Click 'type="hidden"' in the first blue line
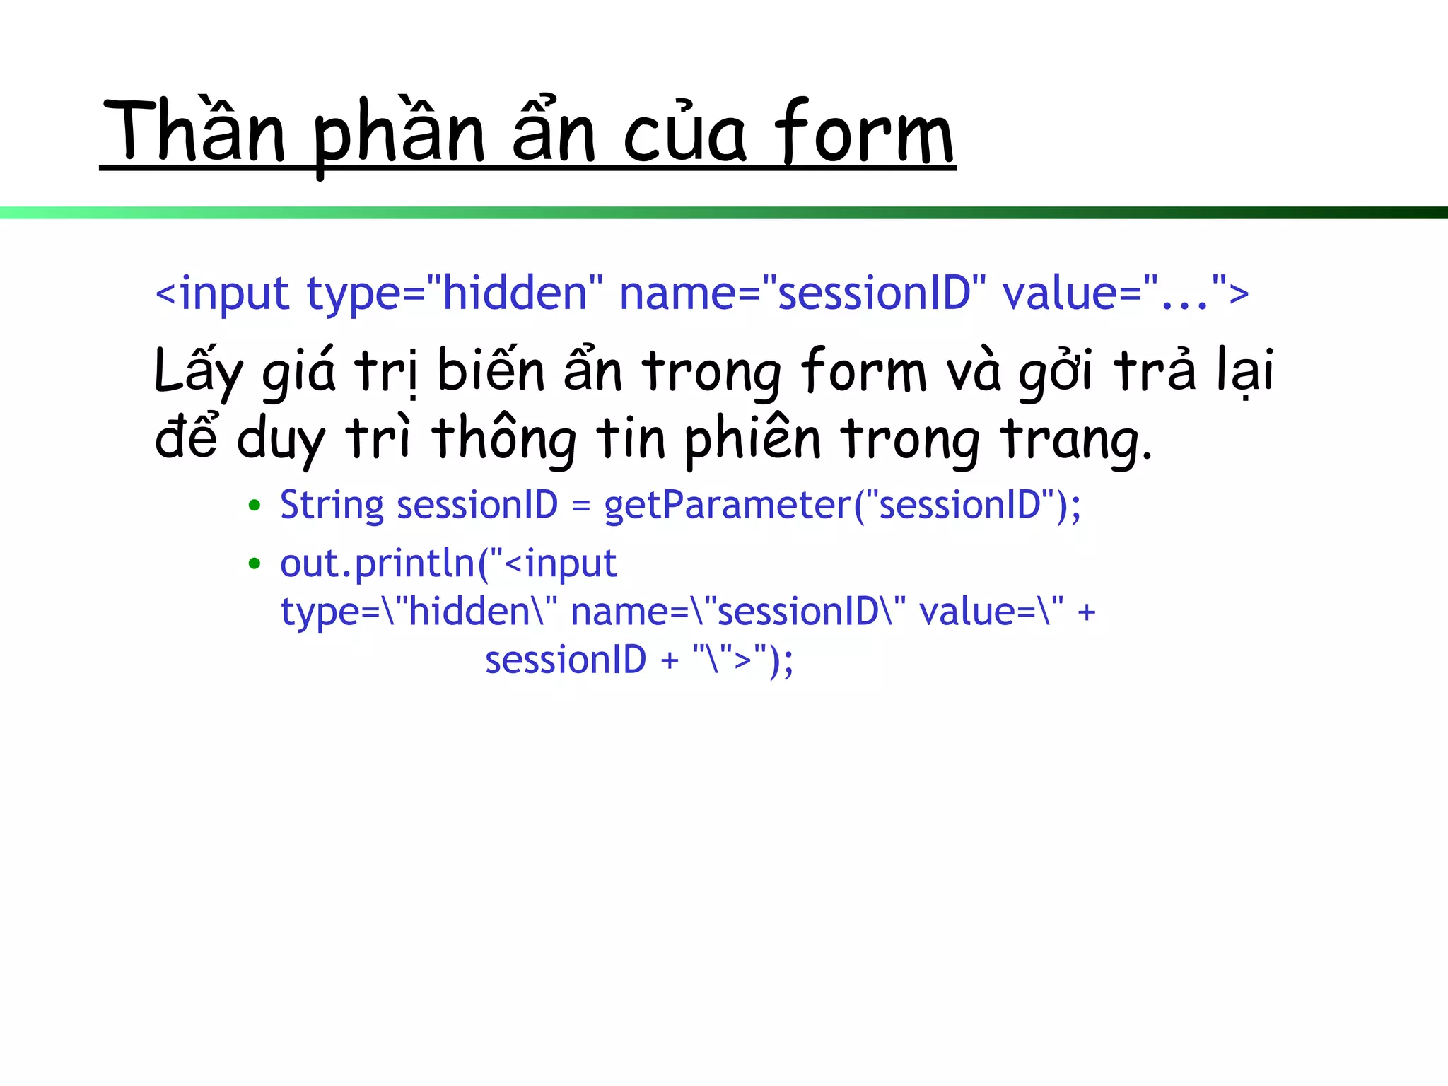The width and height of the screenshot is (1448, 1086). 455,293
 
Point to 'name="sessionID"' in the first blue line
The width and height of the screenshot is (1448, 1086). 802,293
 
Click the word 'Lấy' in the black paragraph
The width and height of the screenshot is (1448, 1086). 199,371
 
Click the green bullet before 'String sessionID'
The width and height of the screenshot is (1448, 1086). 255,506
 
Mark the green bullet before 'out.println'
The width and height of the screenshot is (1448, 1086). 255,564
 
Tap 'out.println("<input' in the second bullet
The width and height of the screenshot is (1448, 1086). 448,564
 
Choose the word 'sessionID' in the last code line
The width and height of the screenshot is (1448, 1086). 566,660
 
